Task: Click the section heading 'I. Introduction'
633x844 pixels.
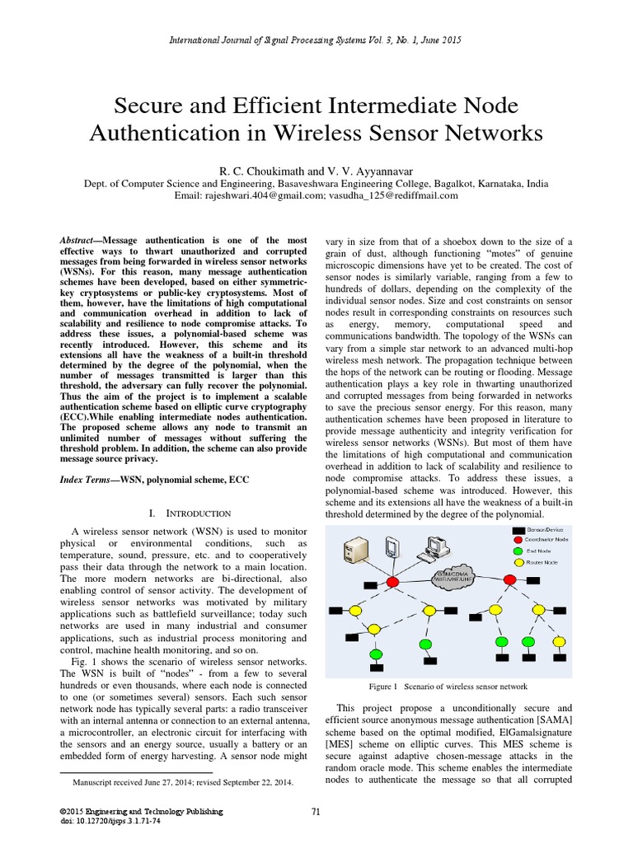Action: point(190,513)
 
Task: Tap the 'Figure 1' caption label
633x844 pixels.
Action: point(384,686)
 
